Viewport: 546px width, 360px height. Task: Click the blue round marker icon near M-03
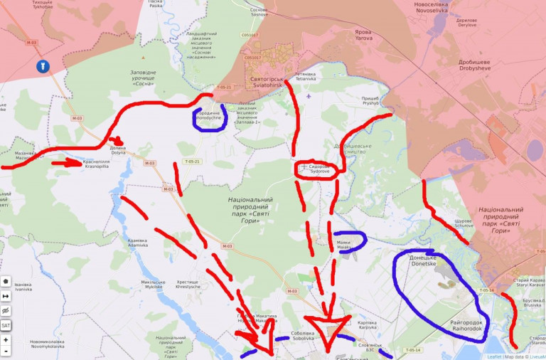coord(42,67)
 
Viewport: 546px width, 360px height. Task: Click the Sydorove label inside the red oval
coord(324,169)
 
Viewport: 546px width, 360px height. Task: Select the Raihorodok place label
coord(467,326)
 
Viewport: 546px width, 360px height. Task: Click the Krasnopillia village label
coord(96,164)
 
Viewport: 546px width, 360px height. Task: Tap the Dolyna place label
coord(118,151)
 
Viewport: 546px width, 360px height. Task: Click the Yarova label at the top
coord(363,34)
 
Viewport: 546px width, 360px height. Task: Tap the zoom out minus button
coord(6,351)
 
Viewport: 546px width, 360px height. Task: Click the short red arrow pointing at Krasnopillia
coord(70,163)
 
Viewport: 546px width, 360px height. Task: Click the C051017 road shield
coord(249,35)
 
